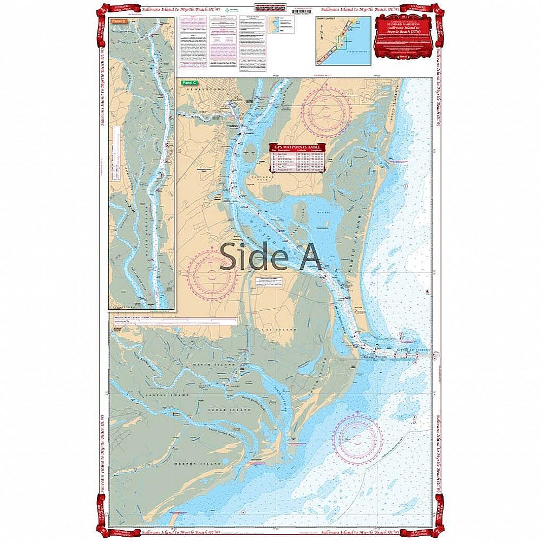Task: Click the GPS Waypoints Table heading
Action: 298,147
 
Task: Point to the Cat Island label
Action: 284,329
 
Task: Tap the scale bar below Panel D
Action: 173,321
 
